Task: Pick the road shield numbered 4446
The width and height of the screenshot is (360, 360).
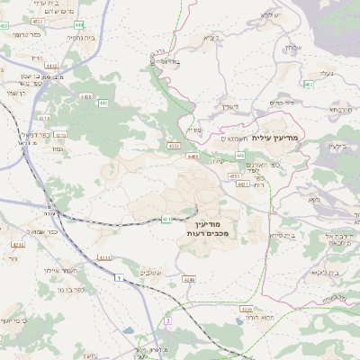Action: [x=50, y=66]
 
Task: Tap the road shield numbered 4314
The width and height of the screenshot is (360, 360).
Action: [x=45, y=118]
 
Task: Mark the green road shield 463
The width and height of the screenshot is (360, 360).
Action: [x=309, y=85]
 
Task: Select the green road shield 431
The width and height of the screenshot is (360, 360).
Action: [x=167, y=219]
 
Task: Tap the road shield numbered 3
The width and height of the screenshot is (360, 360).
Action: [x=167, y=320]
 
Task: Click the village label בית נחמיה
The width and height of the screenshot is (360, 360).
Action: [x=80, y=38]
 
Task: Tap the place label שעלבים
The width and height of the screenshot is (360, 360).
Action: [x=150, y=273]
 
